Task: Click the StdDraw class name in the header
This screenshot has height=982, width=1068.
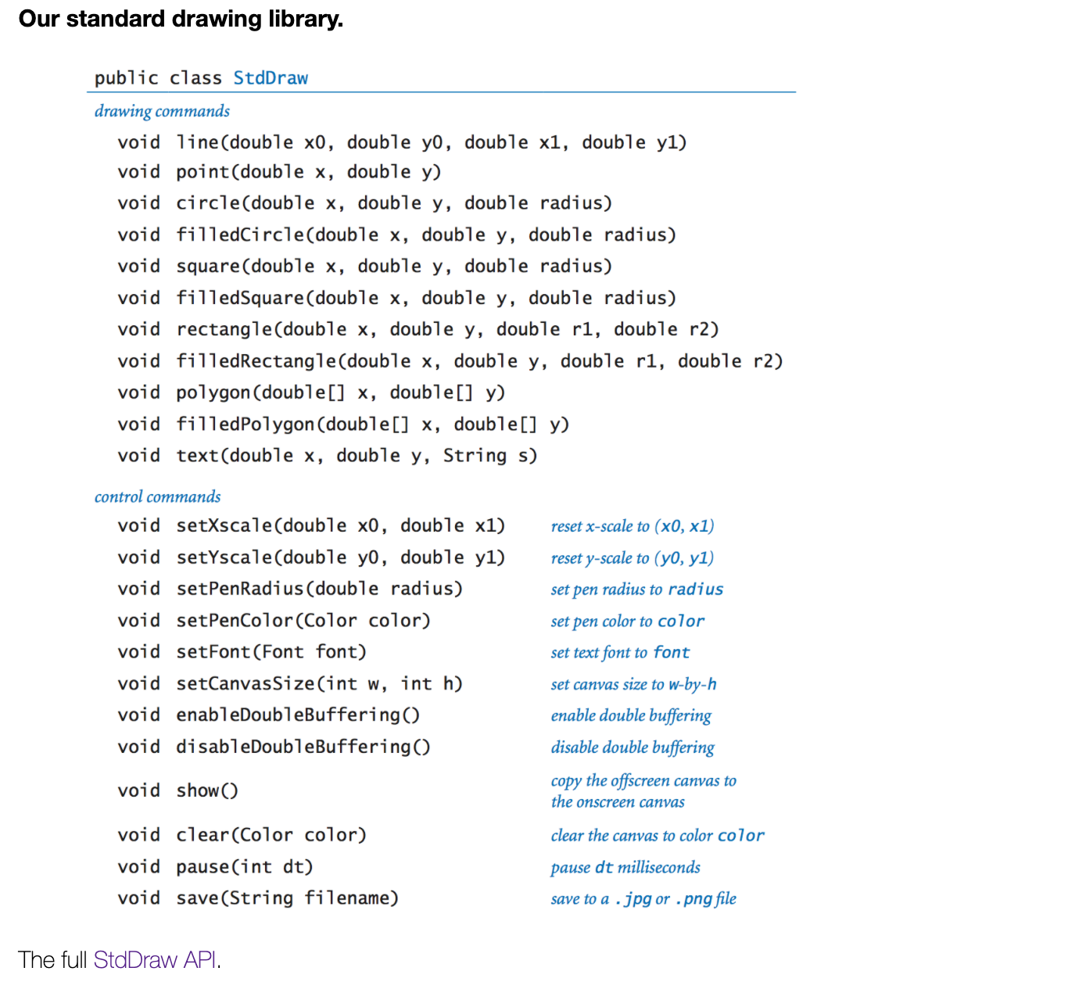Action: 271,78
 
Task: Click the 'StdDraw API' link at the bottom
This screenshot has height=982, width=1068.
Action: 156,959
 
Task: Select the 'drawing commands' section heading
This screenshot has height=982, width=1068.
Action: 162,111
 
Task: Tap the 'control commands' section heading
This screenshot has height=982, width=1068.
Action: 157,496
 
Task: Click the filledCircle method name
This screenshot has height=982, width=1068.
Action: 240,235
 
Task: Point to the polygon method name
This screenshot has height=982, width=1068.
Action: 213,392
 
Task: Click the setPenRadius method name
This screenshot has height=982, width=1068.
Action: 239,588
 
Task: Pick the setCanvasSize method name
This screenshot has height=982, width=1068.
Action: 245,683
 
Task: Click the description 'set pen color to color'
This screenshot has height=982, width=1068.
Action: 627,621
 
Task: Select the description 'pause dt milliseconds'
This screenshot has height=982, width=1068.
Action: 625,867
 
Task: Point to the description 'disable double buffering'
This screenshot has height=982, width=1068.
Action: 632,747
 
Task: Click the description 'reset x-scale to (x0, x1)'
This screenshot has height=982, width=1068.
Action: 632,526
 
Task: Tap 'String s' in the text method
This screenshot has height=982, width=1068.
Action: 486,456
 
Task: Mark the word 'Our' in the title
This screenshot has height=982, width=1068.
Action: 38,19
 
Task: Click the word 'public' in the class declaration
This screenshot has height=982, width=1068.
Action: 126,78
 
